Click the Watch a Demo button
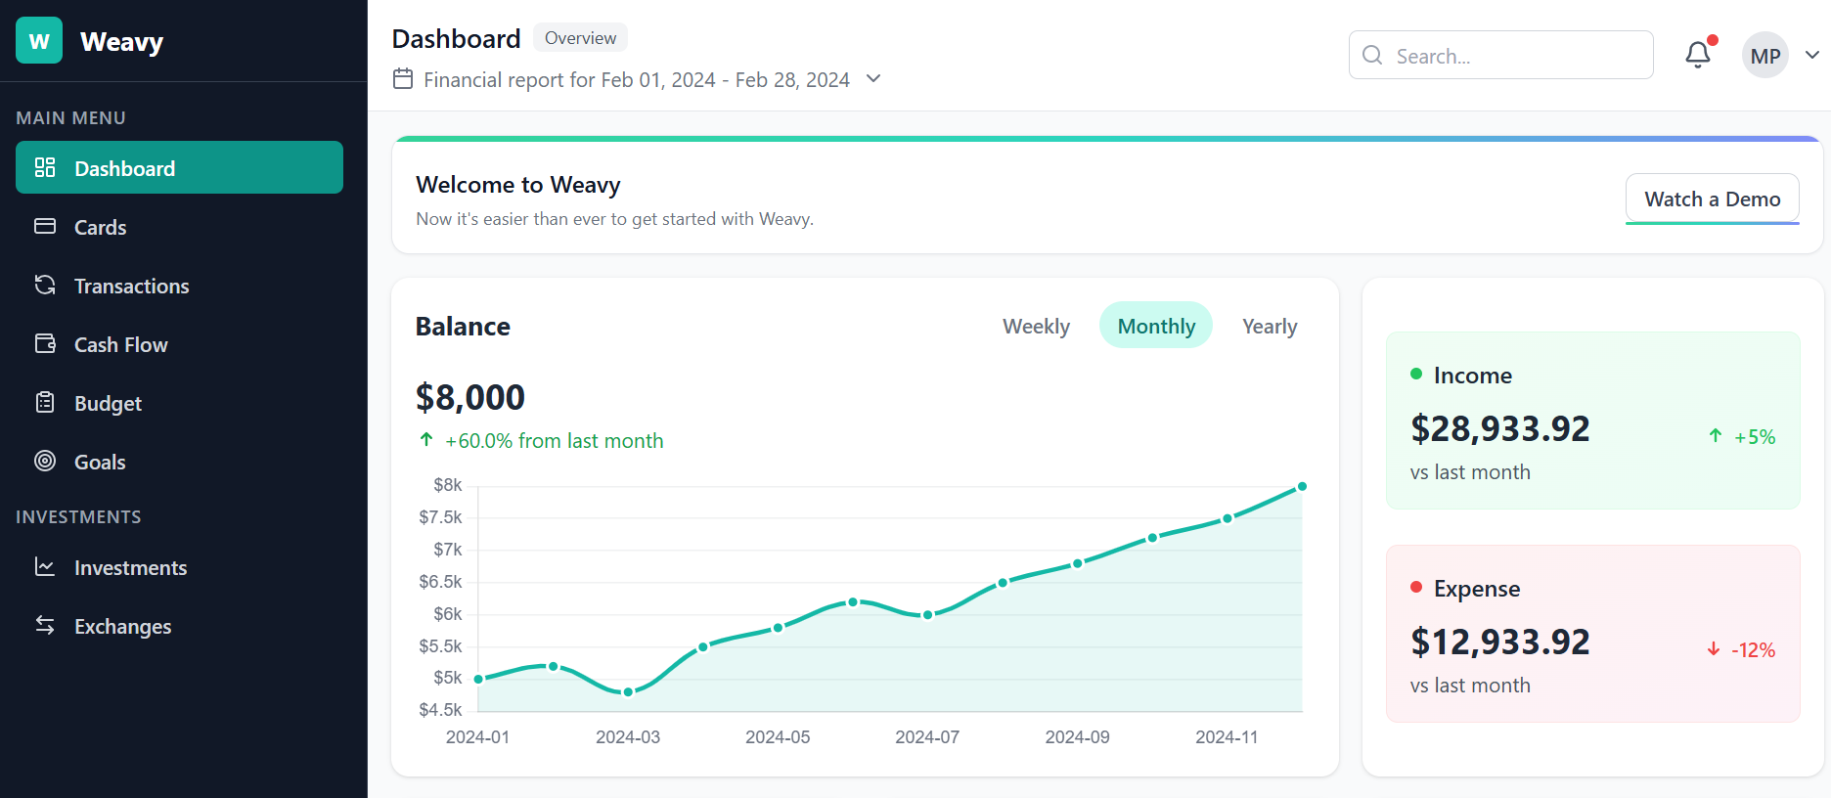pyautogui.click(x=1712, y=199)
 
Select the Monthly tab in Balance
pyautogui.click(x=1155, y=326)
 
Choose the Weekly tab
pyautogui.click(x=1036, y=326)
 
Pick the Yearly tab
pyautogui.click(x=1269, y=326)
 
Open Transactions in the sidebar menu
pyautogui.click(x=131, y=286)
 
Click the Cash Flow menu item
pyautogui.click(x=120, y=344)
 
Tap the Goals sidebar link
pyautogui.click(x=100, y=462)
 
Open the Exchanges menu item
pyautogui.click(x=122, y=626)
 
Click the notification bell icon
pyautogui.click(x=1698, y=56)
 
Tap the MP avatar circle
pyautogui.click(x=1764, y=56)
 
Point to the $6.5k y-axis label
pyautogui.click(x=440, y=582)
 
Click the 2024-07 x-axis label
pyautogui.click(x=926, y=737)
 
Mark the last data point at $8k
pyautogui.click(x=1302, y=486)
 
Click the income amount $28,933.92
pyautogui.click(x=1499, y=428)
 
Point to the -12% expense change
pyautogui.click(x=1752, y=650)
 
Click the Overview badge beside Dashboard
pyautogui.click(x=580, y=38)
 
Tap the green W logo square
pyautogui.click(x=39, y=41)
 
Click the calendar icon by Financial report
pyautogui.click(x=403, y=78)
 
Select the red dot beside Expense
pyautogui.click(x=1415, y=587)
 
